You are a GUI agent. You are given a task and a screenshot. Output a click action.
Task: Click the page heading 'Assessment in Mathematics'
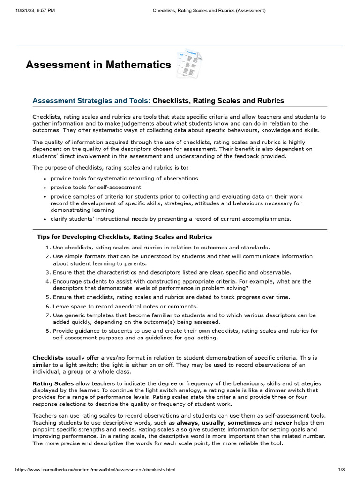98,65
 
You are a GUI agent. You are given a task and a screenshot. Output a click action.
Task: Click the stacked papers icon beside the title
190,64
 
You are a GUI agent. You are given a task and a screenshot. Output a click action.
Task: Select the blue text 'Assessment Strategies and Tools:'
91,101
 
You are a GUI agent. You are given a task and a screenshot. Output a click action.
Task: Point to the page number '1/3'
341,470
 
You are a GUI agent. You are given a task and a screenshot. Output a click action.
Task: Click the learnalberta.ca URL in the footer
96,470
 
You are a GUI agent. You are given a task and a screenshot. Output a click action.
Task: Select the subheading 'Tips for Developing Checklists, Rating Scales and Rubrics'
125,237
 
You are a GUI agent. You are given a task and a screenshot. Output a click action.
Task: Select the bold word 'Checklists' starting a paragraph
48,358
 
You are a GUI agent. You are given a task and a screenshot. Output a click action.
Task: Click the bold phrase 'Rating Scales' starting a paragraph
53,383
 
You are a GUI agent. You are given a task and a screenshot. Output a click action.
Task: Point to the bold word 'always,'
187,423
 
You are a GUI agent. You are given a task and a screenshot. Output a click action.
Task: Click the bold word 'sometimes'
244,423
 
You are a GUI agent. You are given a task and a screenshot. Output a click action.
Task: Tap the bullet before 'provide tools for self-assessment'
45,188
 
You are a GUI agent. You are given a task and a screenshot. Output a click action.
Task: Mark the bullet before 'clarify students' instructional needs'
45,219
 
